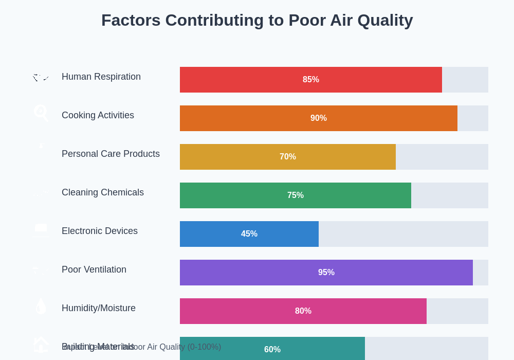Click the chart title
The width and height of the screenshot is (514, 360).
[257, 21]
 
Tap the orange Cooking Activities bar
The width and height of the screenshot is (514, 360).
[257, 118]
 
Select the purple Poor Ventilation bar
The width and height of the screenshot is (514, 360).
[257, 273]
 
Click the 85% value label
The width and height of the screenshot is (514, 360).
[311, 80]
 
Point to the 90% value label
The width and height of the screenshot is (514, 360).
[319, 118]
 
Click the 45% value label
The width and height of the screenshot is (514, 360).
[249, 234]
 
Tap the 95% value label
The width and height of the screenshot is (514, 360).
[326, 273]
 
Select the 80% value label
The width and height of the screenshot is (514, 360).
[303, 311]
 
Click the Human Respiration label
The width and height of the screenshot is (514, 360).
[101, 77]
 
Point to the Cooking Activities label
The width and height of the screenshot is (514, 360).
[98, 115]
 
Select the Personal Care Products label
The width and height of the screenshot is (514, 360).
[111, 154]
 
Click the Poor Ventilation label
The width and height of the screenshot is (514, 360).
[94, 269]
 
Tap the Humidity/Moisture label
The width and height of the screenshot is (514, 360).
[99, 308]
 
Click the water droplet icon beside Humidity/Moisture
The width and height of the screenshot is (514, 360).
[41, 307]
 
